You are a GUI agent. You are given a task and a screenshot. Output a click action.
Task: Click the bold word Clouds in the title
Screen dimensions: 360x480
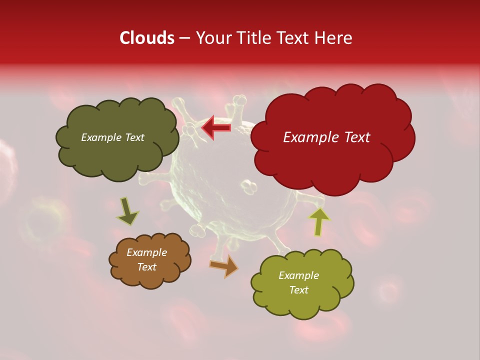pyautogui.click(x=147, y=38)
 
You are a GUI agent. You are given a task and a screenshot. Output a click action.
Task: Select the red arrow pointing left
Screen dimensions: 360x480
pyautogui.click(x=216, y=128)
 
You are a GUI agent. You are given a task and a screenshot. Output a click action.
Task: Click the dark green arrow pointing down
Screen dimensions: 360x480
pyautogui.click(x=127, y=211)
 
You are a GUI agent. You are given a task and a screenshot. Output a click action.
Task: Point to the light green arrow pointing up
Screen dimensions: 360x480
pyautogui.click(x=319, y=221)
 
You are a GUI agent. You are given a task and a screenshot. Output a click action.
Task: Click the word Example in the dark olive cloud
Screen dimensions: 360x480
pyautogui.click(x=101, y=137)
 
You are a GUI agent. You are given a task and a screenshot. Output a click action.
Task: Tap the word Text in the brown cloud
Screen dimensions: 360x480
pyautogui.click(x=146, y=267)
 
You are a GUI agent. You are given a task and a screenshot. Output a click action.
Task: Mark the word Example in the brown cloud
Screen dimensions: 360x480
pyautogui.click(x=146, y=252)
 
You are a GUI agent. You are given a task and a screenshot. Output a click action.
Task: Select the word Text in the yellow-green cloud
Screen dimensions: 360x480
pyautogui.click(x=298, y=290)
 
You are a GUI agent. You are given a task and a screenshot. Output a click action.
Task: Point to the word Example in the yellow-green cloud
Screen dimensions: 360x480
pyautogui.click(x=298, y=275)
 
